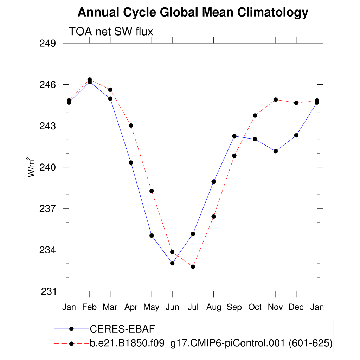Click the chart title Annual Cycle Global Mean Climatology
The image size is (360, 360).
193,13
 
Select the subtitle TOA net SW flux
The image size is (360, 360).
111,32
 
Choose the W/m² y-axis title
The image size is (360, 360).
31,167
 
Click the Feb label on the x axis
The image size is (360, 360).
89,307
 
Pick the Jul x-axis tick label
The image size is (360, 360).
193,307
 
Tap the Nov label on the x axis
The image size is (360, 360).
276,307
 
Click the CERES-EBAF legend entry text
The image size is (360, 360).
123,329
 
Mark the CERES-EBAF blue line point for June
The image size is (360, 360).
172,263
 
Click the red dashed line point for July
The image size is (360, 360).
193,267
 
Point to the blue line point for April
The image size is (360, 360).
131,162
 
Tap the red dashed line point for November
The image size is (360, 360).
276,100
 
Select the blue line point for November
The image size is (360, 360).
276,151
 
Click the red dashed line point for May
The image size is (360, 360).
152,191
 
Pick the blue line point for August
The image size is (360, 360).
213,182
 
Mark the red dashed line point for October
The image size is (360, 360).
255,115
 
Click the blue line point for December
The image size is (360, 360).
296,135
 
